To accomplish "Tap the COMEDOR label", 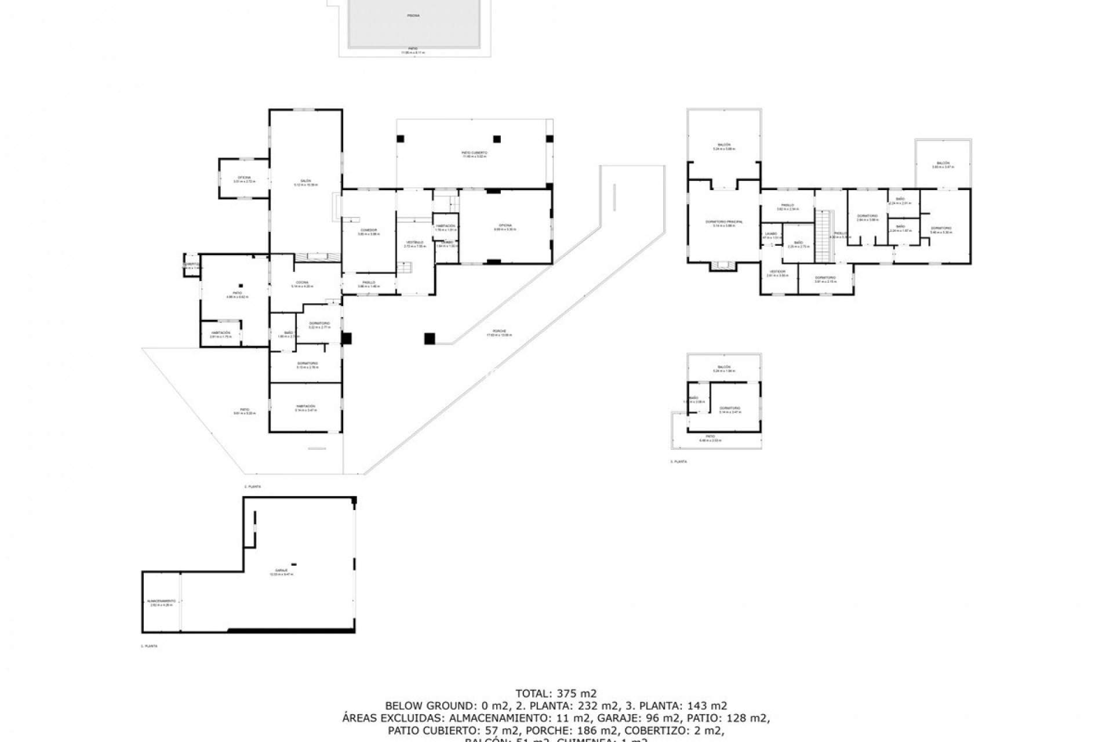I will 368,230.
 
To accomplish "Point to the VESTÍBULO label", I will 415,242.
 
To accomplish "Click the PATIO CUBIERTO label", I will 474,152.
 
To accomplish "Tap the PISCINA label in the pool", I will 413,16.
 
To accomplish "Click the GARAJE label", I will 282,570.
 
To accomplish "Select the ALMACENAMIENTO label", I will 162,601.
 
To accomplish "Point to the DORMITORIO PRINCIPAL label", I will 724,221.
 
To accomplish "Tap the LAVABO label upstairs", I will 771,233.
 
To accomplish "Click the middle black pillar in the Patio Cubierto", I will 497,139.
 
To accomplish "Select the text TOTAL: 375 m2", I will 556,693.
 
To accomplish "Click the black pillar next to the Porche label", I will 430,339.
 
